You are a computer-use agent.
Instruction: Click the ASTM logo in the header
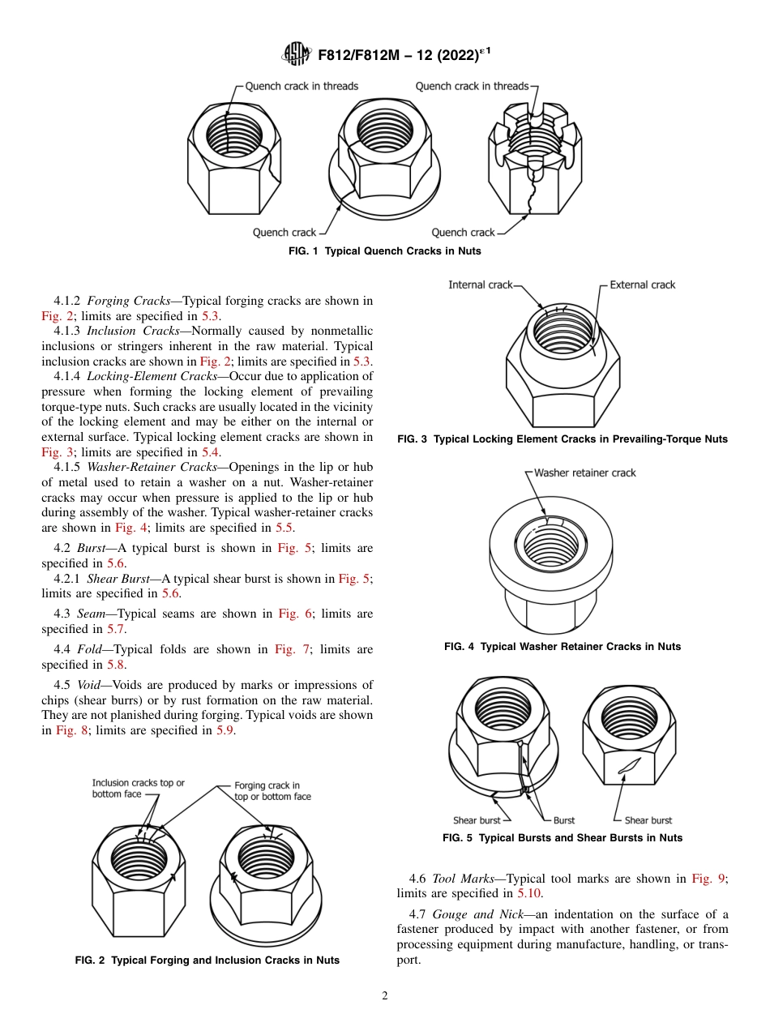(296, 54)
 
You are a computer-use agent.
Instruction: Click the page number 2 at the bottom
(385, 996)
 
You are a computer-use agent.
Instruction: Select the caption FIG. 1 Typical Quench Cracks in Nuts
(385, 251)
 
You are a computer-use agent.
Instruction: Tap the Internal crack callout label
(481, 284)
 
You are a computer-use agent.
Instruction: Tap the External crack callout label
(642, 284)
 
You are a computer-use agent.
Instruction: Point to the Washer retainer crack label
(585, 473)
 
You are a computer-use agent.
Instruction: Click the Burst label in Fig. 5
(563, 820)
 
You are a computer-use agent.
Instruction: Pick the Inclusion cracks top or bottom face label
(138, 789)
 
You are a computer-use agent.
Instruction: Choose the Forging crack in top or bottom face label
(272, 791)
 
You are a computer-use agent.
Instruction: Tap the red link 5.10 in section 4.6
(531, 893)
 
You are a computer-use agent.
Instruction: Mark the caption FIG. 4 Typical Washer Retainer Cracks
(563, 647)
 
